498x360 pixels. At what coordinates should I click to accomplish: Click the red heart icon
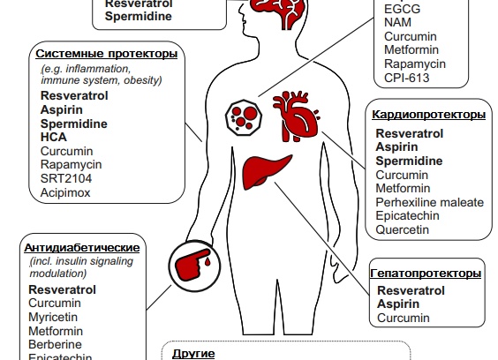pyautogui.click(x=296, y=116)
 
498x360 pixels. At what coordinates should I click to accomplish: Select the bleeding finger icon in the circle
pyautogui.click(x=194, y=266)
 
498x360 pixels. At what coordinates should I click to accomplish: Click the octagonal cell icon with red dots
pyautogui.click(x=244, y=117)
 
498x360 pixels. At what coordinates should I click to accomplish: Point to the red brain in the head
pyautogui.click(x=277, y=12)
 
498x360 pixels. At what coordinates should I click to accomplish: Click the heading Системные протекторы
pyautogui.click(x=106, y=54)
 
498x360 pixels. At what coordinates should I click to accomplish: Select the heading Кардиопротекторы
pyautogui.click(x=429, y=115)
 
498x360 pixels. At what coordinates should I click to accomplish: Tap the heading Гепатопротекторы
pyautogui.click(x=426, y=274)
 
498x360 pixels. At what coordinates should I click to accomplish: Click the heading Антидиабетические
pyautogui.click(x=82, y=248)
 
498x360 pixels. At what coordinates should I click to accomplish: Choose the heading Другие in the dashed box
pyautogui.click(x=193, y=353)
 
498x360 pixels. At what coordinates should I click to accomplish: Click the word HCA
pyautogui.click(x=54, y=137)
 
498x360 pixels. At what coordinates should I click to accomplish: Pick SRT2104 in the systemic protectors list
pyautogui.click(x=66, y=178)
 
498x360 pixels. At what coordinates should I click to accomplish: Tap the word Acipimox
pyautogui.click(x=65, y=192)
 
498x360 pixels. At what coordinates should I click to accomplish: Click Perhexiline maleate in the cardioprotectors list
pyautogui.click(x=430, y=202)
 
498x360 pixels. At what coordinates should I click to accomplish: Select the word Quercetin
pyautogui.click(x=402, y=229)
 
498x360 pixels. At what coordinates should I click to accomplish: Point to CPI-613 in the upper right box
pyautogui.click(x=407, y=78)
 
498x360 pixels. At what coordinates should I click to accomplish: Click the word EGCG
pyautogui.click(x=402, y=9)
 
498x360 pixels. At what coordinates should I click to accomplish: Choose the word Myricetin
pyautogui.click(x=53, y=317)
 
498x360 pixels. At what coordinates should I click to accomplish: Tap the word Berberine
pyautogui.click(x=56, y=344)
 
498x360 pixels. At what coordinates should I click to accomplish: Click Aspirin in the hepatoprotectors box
pyautogui.click(x=398, y=304)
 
